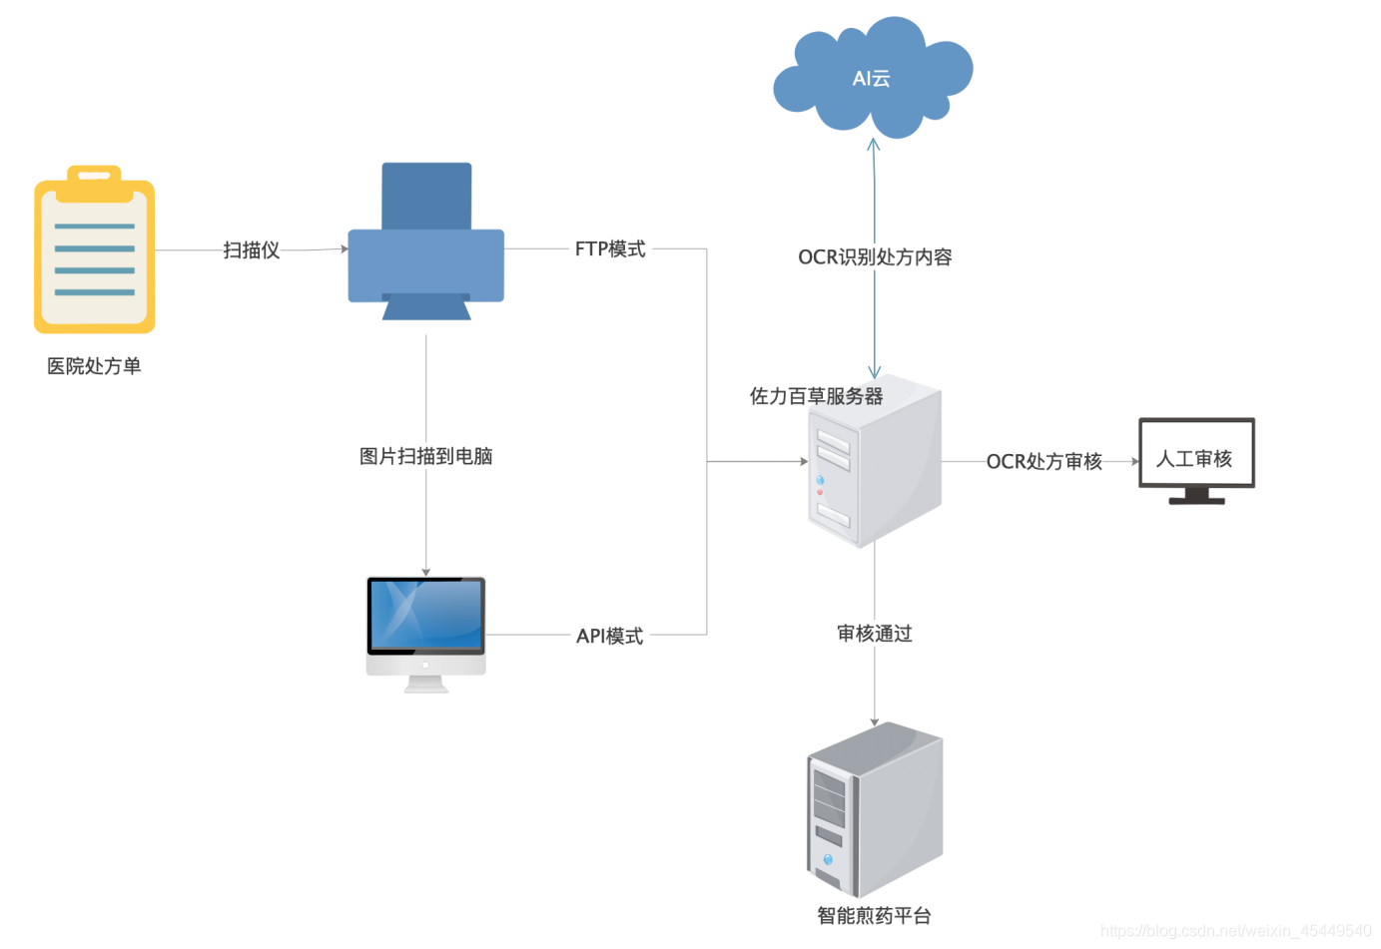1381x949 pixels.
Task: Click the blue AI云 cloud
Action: coord(872,78)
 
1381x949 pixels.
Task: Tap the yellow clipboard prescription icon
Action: coord(95,249)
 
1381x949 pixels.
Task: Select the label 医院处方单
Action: coord(94,366)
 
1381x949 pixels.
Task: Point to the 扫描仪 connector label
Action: coord(251,249)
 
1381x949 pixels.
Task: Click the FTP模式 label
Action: coord(610,248)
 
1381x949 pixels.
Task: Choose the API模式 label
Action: coord(609,636)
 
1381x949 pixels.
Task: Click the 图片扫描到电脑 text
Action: coord(426,456)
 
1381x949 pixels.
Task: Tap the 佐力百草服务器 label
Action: coord(816,396)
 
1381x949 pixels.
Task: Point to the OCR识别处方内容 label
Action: coord(875,257)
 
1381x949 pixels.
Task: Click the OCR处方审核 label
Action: coord(1043,461)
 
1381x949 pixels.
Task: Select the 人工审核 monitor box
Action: coord(1196,454)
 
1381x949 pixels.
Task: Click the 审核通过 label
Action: coord(875,634)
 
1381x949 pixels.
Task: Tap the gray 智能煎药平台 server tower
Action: coord(875,809)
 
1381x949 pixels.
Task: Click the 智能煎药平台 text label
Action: coord(874,915)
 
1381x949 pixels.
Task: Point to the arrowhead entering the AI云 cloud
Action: coord(874,144)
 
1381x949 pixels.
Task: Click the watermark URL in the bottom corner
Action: coord(1235,930)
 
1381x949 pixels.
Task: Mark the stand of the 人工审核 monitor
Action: coord(1196,496)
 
